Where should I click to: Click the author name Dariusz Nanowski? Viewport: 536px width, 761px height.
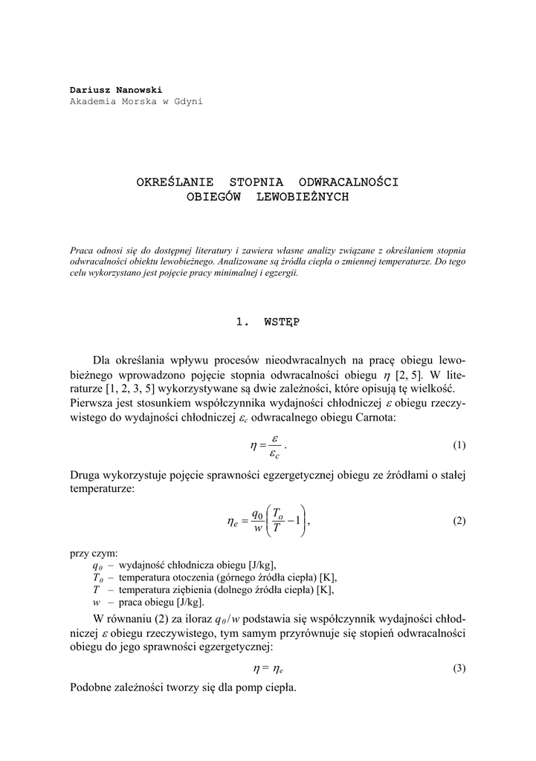coord(115,90)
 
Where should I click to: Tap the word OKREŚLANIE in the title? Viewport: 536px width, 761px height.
coord(175,181)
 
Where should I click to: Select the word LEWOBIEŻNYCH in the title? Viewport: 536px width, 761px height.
coord(302,198)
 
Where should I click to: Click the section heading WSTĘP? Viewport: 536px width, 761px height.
coord(282,322)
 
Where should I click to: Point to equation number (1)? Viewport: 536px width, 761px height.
coord(459,446)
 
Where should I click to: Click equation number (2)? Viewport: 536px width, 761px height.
coord(459,521)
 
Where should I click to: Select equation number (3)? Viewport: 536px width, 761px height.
coord(459,668)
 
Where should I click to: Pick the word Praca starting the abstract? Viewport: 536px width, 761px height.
coord(82,250)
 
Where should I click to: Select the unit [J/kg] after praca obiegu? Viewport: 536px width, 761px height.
coord(189,602)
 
